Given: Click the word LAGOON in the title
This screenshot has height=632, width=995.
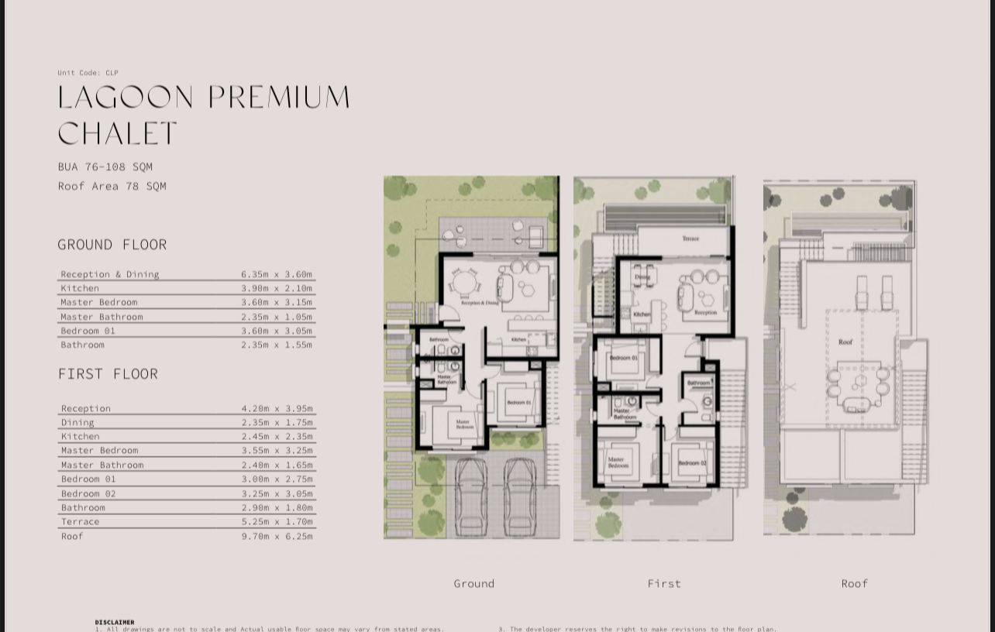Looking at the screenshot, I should coord(126,98).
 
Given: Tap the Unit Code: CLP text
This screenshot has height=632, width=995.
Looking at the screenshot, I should coord(88,73).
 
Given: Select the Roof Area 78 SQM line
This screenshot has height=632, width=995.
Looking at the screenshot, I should coord(112,186).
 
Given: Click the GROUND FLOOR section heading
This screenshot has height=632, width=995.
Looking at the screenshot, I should coord(112,245).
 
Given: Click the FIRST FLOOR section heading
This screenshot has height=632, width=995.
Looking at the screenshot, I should coord(108,374).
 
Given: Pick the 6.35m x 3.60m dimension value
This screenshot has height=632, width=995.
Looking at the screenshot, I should coord(277,274).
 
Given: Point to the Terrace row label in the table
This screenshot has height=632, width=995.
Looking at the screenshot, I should coord(81,521).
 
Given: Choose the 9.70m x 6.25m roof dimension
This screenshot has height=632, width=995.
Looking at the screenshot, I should coord(277,536).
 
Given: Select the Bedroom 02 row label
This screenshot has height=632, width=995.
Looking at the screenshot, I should coord(88,493).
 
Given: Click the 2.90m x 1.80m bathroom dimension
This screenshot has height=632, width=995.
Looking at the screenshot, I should coord(277,507).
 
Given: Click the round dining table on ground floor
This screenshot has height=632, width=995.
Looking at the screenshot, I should coord(464,284).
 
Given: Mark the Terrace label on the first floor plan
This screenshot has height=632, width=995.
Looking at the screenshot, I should coord(690,239).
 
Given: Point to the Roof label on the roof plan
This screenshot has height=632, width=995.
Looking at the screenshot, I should coord(845,342).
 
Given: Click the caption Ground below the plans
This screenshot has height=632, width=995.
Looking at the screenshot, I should coord(473,583).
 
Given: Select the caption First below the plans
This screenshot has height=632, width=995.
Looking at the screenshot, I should coord(664,583).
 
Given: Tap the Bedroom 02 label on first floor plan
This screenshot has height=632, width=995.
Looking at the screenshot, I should coord(692,463).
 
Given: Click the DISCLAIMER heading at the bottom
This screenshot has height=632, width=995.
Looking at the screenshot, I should coord(115,622).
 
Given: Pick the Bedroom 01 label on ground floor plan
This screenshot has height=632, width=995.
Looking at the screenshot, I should coord(518,403).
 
